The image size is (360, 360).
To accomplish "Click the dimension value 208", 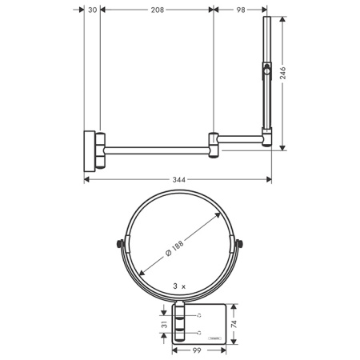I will point(157,10).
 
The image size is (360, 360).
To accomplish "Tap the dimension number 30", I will point(93,10).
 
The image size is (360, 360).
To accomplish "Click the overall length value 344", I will point(178,179).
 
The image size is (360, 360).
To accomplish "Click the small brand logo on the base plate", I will point(214,340).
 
